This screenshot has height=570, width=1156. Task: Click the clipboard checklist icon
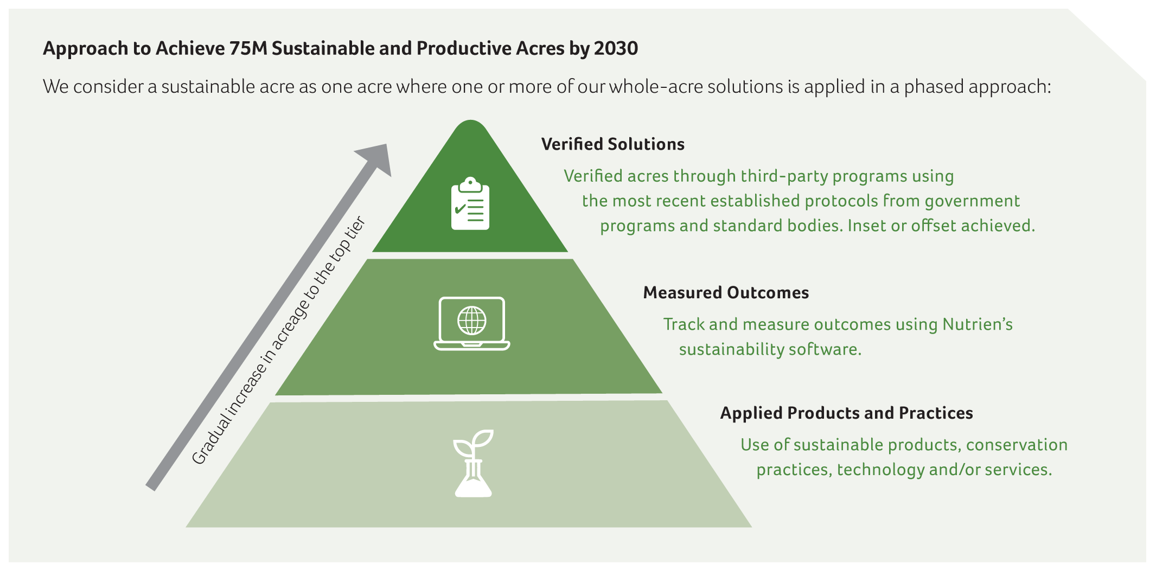pyautogui.click(x=470, y=203)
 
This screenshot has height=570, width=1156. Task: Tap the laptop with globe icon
pyautogui.click(x=472, y=323)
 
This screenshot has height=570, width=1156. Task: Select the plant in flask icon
pyautogui.click(x=474, y=463)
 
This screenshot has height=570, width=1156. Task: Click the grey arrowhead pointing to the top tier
pyautogui.click(x=375, y=158)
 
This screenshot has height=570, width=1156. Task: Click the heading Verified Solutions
pyautogui.click(x=613, y=144)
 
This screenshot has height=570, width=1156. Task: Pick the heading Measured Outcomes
pyautogui.click(x=726, y=293)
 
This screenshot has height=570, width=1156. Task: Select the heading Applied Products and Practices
pyautogui.click(x=846, y=413)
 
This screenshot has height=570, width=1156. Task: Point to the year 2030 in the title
pyautogui.click(x=616, y=49)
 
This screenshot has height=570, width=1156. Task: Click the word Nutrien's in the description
pyautogui.click(x=978, y=324)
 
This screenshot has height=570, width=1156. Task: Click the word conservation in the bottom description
pyautogui.click(x=1017, y=445)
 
